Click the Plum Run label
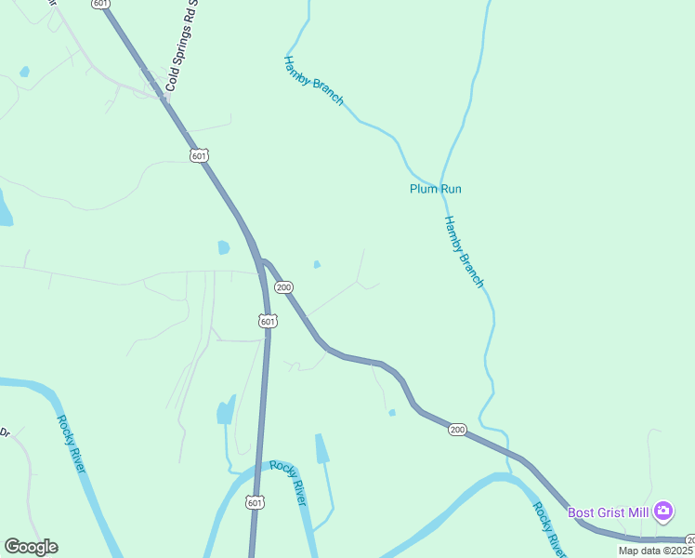click(436, 189)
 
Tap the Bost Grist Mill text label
click(609, 511)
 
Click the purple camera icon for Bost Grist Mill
click(662, 511)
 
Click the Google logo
click(31, 547)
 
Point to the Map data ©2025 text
click(656, 551)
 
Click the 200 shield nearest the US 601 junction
click(284, 287)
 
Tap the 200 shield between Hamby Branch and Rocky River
click(456, 429)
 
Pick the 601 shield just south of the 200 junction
click(268, 321)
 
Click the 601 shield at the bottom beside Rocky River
click(256, 502)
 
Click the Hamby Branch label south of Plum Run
click(464, 251)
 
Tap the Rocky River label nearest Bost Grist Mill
click(546, 527)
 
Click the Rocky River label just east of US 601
click(288, 483)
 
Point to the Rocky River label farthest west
click(71, 443)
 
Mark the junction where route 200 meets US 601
click(261, 261)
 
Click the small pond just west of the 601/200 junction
click(223, 247)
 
